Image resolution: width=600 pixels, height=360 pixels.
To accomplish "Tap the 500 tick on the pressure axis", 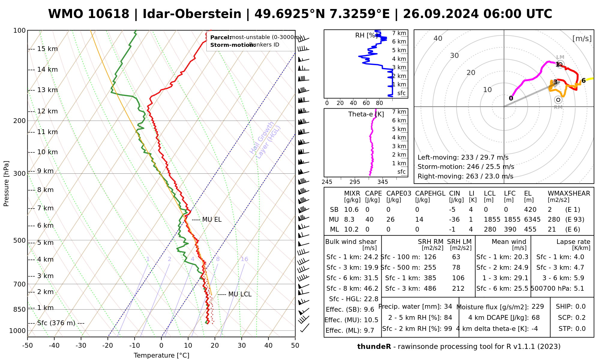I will click(19, 241).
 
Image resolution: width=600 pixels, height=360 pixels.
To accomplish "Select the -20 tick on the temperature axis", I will click(108, 346).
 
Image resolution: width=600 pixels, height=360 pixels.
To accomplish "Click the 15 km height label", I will click(47, 49).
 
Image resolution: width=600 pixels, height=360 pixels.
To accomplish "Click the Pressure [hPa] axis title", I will click(6, 184).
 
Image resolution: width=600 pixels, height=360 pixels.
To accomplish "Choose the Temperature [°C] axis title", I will click(161, 355).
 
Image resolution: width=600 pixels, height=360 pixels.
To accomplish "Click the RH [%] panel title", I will click(366, 35).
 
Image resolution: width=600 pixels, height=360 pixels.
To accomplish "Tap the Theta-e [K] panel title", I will click(366, 114).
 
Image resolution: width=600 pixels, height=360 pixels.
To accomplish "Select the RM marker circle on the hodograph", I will click(558, 100).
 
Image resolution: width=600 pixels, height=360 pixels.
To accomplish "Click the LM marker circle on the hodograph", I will click(560, 64).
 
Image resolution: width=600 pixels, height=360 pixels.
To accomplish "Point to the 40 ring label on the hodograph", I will click(438, 38).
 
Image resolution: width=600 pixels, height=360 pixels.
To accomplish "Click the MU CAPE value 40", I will click(369, 220).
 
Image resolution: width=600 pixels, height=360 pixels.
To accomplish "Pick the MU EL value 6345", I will click(532, 220).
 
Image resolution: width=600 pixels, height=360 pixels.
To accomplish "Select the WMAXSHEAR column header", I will click(569, 193).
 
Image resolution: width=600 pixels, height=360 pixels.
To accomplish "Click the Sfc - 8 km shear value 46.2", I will click(371, 289).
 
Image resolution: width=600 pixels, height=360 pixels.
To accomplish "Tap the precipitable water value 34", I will click(448, 307).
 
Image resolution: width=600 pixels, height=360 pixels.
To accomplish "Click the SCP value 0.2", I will click(580, 318).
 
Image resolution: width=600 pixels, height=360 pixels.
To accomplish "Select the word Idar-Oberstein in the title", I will click(192, 14).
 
